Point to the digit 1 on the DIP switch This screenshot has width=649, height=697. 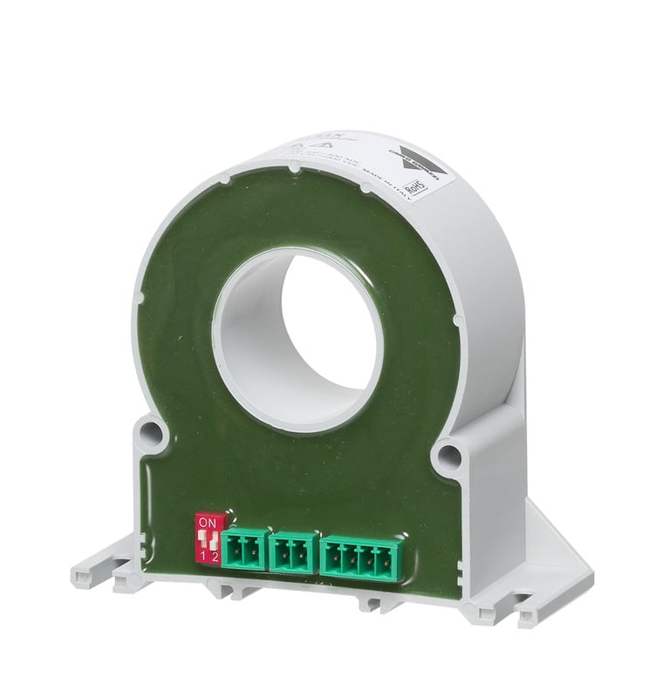coord(203,556)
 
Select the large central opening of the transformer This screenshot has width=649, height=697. coord(301,340)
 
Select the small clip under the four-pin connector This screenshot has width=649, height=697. coord(375,602)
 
